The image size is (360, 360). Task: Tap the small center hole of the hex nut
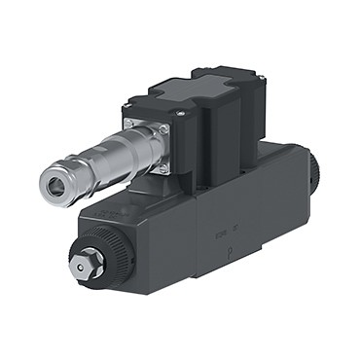pyautogui.click(x=87, y=258)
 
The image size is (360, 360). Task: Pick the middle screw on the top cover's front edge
pyautogui.click(x=183, y=116)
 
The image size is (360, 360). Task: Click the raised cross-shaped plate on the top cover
pyautogui.click(x=209, y=83)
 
